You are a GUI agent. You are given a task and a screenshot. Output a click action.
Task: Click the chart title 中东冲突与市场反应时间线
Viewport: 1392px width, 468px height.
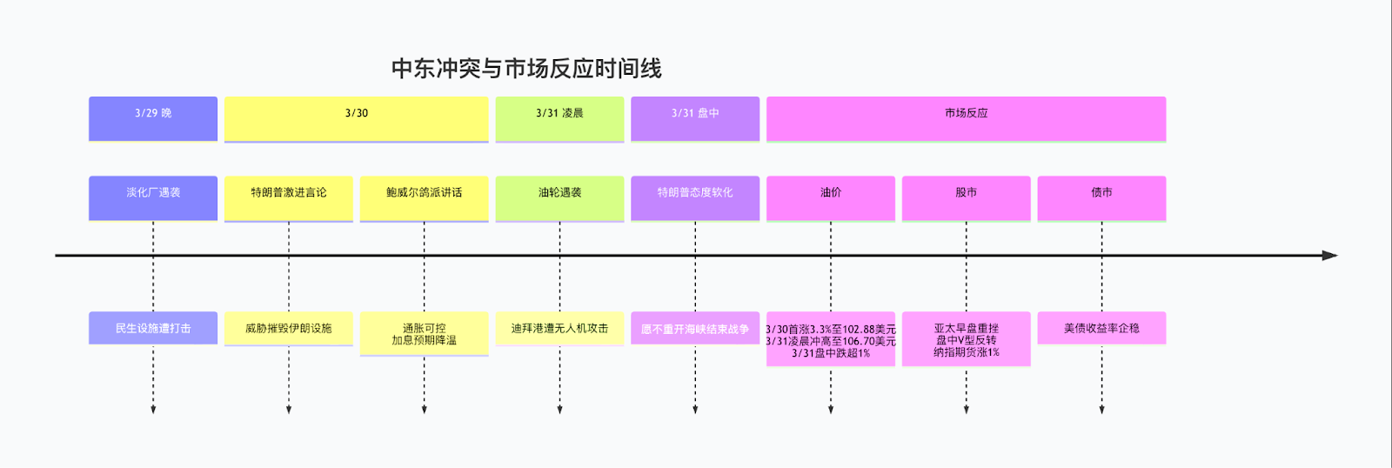point(526,69)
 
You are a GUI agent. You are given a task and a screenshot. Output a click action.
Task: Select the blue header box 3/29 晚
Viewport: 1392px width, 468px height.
point(153,118)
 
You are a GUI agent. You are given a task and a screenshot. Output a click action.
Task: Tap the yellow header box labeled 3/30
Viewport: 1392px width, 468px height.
point(357,118)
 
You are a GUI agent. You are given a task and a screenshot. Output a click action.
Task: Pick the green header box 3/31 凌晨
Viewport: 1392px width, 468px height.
point(559,118)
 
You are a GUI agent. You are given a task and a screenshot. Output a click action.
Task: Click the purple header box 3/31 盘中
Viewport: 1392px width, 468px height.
point(695,118)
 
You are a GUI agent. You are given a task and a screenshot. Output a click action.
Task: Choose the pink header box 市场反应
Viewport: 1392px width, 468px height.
point(966,118)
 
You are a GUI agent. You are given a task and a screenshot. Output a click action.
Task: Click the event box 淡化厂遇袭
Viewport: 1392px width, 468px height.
point(153,197)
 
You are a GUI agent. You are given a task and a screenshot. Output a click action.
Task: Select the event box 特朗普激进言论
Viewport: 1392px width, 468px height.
point(289,197)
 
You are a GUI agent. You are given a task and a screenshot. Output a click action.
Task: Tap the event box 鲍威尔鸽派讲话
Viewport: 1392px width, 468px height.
point(425,197)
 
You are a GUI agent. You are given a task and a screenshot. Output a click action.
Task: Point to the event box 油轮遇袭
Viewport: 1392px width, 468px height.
point(559,197)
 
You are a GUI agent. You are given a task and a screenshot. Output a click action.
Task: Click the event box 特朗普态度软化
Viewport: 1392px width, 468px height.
point(695,197)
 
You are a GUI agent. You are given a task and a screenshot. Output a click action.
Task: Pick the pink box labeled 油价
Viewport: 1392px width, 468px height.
point(831,197)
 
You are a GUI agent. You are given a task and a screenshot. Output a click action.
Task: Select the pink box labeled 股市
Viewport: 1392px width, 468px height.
point(966,197)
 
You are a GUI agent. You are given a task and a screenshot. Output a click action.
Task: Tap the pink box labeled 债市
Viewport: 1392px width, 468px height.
point(1101,197)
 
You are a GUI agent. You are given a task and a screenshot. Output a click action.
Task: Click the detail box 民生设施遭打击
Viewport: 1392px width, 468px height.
point(153,328)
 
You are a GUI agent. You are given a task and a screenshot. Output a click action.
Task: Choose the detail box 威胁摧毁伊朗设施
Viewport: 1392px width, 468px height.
point(289,328)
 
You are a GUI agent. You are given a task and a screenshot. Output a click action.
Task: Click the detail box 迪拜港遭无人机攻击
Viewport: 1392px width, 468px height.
point(559,328)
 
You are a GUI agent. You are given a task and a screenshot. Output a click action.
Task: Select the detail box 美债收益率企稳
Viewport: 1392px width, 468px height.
point(1101,328)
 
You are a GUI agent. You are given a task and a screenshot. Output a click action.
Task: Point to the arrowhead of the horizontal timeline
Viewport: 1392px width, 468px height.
point(1329,256)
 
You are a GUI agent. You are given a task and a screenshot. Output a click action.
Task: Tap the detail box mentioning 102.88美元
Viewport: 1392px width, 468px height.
point(831,339)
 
